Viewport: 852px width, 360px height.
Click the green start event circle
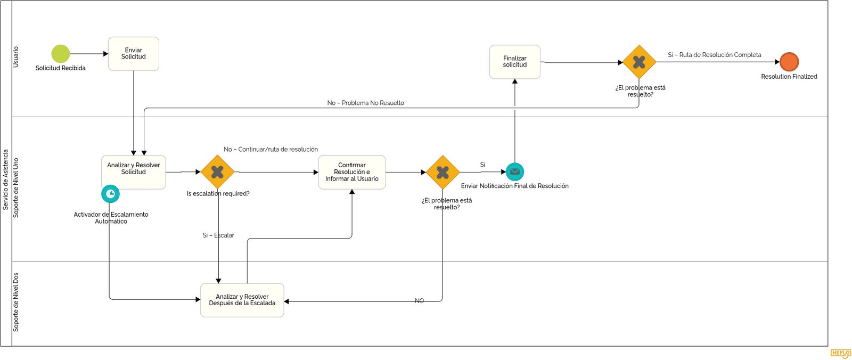pos(61,54)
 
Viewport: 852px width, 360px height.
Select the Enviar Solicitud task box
pos(134,54)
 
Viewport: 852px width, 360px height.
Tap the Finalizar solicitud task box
pos(514,62)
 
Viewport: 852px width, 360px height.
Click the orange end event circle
pos(789,62)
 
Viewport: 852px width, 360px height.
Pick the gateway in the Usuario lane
pos(640,62)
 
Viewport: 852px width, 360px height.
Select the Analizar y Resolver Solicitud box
pos(134,172)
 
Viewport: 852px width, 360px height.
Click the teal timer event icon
pos(110,194)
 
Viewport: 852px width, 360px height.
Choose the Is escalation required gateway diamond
pos(217,172)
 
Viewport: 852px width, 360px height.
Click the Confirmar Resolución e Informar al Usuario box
pos(352,172)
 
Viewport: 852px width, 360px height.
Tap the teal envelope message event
pos(515,171)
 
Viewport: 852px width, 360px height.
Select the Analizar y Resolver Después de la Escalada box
pos(242,300)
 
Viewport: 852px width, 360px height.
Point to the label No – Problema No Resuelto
pos(365,103)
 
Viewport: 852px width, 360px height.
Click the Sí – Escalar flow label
pos(218,235)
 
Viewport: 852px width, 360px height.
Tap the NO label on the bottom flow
pos(419,301)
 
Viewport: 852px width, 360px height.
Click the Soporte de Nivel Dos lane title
pos(16,302)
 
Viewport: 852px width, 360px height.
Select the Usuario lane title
pos(16,57)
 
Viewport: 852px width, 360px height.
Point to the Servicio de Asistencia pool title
pos(6,179)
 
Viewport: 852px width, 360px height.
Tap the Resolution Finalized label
pos(789,77)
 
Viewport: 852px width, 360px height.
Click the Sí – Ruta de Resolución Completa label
pos(715,55)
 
